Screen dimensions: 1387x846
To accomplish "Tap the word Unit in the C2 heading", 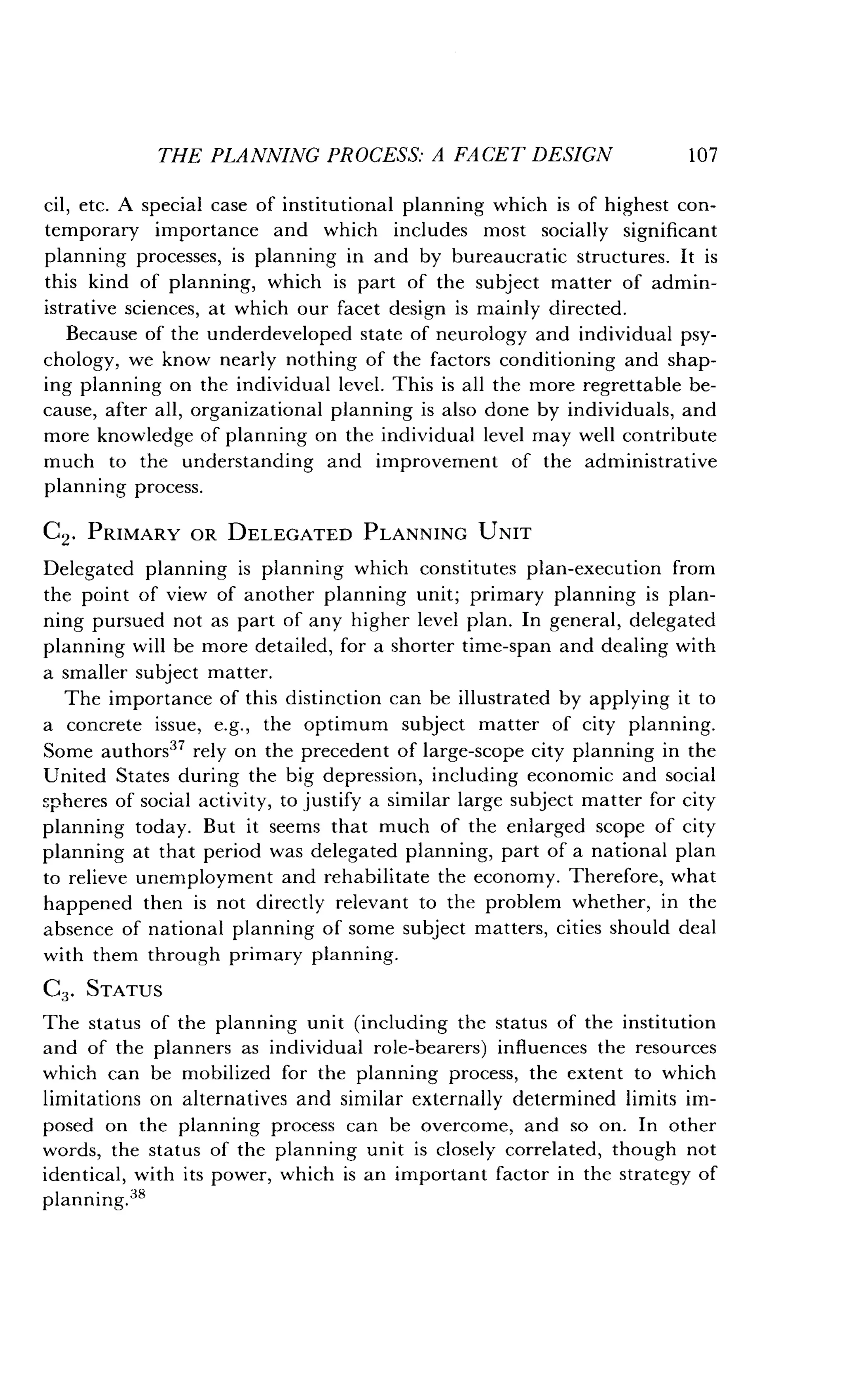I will point(504,533).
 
